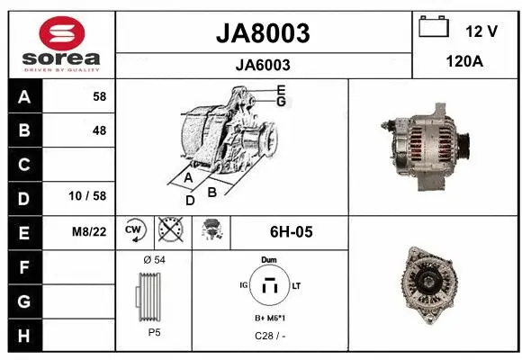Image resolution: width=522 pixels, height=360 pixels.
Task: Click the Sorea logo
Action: pyautogui.click(x=61, y=44)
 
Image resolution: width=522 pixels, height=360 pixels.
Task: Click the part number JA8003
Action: pyautogui.click(x=263, y=33)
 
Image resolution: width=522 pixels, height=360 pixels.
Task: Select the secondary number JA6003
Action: pyautogui.click(x=263, y=65)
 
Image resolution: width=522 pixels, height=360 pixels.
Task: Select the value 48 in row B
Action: pyautogui.click(x=98, y=130)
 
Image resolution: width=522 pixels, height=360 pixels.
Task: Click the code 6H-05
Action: pyautogui.click(x=291, y=231)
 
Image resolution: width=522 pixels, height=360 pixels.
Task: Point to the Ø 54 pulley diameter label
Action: pyautogui.click(x=154, y=260)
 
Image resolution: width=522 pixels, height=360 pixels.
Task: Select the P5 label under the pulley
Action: pyautogui.click(x=154, y=332)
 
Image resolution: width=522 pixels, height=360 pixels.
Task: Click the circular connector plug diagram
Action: pyautogui.click(x=268, y=285)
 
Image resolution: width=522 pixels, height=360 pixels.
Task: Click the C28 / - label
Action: pyautogui.click(x=268, y=336)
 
